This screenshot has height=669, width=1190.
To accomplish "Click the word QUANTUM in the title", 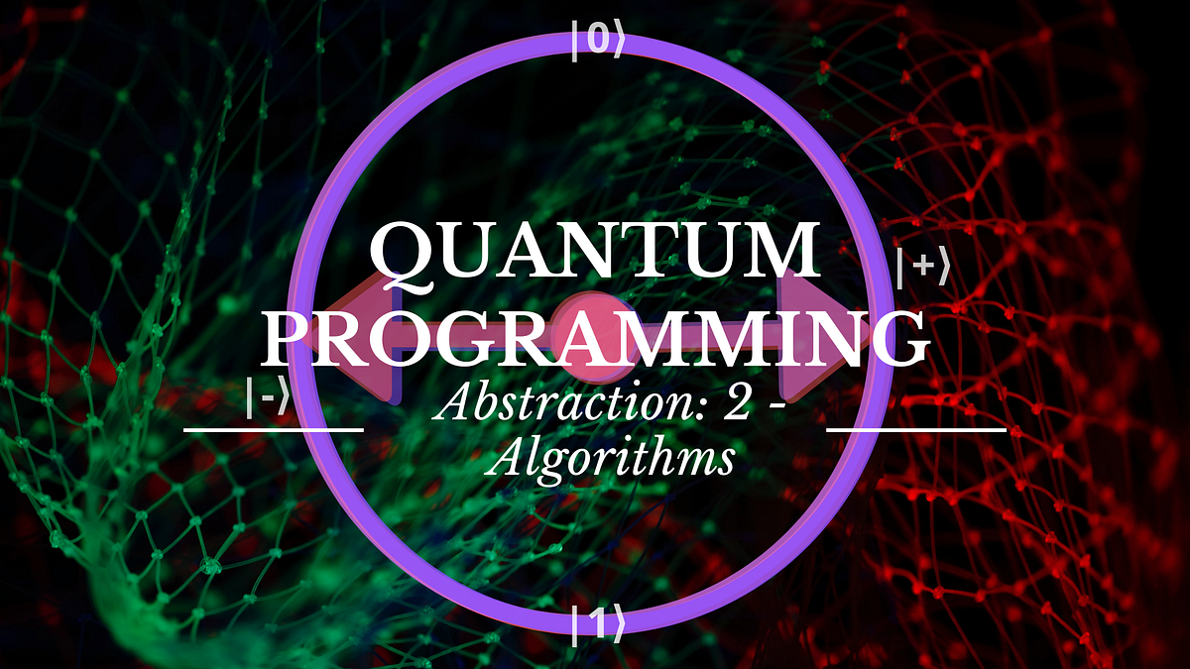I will tap(595, 251).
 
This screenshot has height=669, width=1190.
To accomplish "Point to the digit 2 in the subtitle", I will tap(736, 405).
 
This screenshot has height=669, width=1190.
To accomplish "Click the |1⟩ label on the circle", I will tap(597, 623).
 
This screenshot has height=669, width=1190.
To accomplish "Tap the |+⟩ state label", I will tap(923, 269).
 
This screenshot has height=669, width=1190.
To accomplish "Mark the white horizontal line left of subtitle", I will tap(274, 430).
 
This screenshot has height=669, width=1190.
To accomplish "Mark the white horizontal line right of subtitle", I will tap(915, 430).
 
